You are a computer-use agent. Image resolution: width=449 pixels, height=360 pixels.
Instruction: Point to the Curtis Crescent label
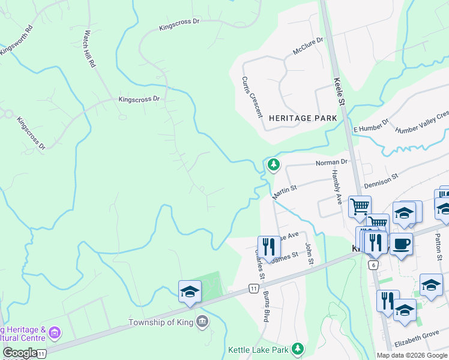tap(252, 96)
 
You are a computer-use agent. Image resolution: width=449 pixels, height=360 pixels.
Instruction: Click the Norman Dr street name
tap(332, 163)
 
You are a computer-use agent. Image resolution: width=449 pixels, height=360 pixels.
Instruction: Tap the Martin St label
tap(285, 193)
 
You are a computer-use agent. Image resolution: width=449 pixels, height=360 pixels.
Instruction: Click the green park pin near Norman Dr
tap(274, 164)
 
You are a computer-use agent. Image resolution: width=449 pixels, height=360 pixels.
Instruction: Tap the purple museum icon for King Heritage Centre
tap(55, 332)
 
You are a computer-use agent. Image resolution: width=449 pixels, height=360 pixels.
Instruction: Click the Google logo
tap(19, 353)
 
